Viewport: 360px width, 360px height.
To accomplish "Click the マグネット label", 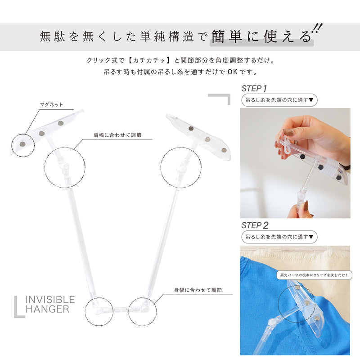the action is pyautogui.click(x=51, y=105).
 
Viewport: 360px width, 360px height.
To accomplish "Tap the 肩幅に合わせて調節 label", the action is pyautogui.click(x=117, y=135).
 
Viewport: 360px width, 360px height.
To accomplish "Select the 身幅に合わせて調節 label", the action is pyautogui.click(x=198, y=290).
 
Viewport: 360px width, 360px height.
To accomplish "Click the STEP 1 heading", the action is pyautogui.click(x=254, y=88).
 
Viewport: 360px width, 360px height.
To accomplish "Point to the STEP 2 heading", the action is pyautogui.click(x=255, y=225).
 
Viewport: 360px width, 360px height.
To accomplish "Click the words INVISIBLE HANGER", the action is pyautogui.click(x=50, y=304).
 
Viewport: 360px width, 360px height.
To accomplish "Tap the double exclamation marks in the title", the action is pyautogui.click(x=317, y=29).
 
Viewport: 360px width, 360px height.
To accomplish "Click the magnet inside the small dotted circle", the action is pyautogui.click(x=22, y=144).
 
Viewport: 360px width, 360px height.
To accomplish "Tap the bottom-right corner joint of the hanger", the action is pyautogui.click(x=144, y=308).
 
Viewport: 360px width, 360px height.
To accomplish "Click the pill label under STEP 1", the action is pyautogui.click(x=279, y=100).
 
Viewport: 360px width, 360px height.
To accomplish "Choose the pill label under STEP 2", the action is pyautogui.click(x=279, y=237).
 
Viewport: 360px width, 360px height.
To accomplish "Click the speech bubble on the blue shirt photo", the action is pyautogui.click(x=314, y=275).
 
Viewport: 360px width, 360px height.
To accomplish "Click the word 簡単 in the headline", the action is pyautogui.click(x=226, y=36).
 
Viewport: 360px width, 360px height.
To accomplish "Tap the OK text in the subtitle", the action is pyautogui.click(x=233, y=72).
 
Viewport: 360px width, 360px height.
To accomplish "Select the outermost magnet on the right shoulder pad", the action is pyautogui.click(x=224, y=150).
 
